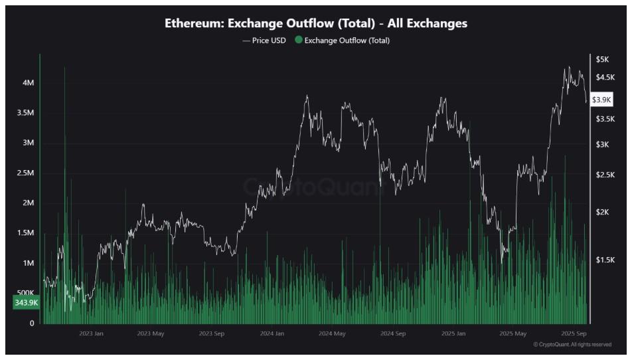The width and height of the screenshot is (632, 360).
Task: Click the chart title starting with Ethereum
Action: pos(316,23)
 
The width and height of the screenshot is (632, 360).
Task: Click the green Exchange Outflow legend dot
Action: pos(299,41)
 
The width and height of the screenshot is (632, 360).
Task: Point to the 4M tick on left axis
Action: pos(28,83)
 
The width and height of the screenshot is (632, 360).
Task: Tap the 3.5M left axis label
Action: pos(25,113)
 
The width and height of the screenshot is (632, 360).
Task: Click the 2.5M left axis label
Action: pos(25,173)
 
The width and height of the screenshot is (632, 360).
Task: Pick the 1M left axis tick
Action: pos(28,264)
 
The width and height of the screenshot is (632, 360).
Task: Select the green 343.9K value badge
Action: pos(25,303)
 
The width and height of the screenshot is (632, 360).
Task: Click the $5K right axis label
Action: pos(603,60)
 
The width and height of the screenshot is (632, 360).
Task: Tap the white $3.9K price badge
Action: pos(602,100)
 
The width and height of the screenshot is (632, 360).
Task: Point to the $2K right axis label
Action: pos(603,212)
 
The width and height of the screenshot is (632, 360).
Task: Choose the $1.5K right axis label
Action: pos(605,260)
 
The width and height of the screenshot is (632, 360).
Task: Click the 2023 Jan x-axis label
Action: pos(91,333)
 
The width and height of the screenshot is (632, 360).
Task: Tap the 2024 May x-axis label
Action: pos(332,333)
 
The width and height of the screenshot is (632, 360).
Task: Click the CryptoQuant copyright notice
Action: pos(572,345)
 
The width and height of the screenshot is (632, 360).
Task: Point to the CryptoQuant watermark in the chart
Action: pos(313,187)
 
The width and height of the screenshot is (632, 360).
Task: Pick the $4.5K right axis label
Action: pos(605,78)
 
